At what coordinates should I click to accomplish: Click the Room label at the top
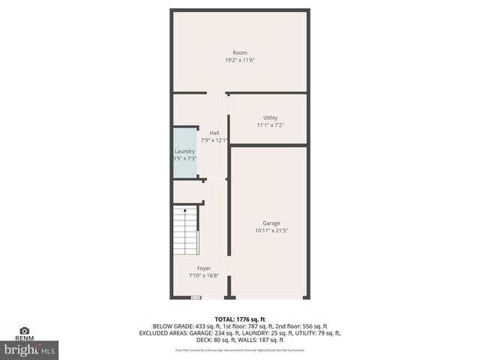239,52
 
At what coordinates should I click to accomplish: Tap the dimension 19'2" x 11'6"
239,60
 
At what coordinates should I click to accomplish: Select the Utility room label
270,118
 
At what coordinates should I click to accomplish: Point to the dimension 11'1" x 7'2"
270,125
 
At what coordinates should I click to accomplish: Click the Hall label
214,133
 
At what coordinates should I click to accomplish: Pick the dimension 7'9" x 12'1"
214,140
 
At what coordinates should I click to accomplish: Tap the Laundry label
184,151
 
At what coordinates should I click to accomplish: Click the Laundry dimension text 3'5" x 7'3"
184,158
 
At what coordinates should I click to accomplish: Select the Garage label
271,223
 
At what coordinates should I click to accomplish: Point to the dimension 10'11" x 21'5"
271,231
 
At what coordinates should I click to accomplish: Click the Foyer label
204,268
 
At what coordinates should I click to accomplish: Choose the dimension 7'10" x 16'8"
204,275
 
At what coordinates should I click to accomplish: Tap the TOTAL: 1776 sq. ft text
240,319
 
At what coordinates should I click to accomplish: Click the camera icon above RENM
24,330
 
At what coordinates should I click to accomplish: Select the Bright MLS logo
31,349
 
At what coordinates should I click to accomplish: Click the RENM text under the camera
24,339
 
